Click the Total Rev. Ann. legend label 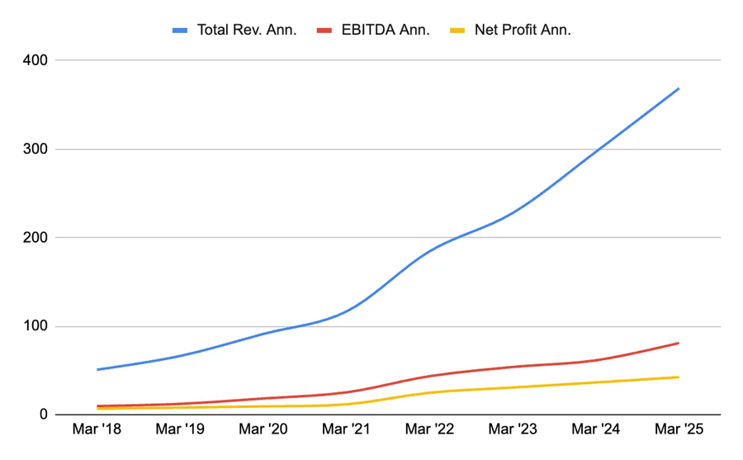point(247,30)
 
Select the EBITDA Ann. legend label point(385,30)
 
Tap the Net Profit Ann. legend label point(523,30)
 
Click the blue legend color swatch point(180,31)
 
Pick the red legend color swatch point(324,31)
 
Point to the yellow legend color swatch point(457,31)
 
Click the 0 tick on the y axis point(43,415)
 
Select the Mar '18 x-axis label point(97,429)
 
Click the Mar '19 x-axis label point(180,429)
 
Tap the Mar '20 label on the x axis point(263,429)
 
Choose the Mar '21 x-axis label point(347,429)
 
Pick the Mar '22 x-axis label point(429,429)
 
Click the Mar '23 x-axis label point(513,429)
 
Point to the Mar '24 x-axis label point(595,429)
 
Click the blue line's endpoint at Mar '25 point(679,88)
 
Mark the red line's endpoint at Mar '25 point(679,343)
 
